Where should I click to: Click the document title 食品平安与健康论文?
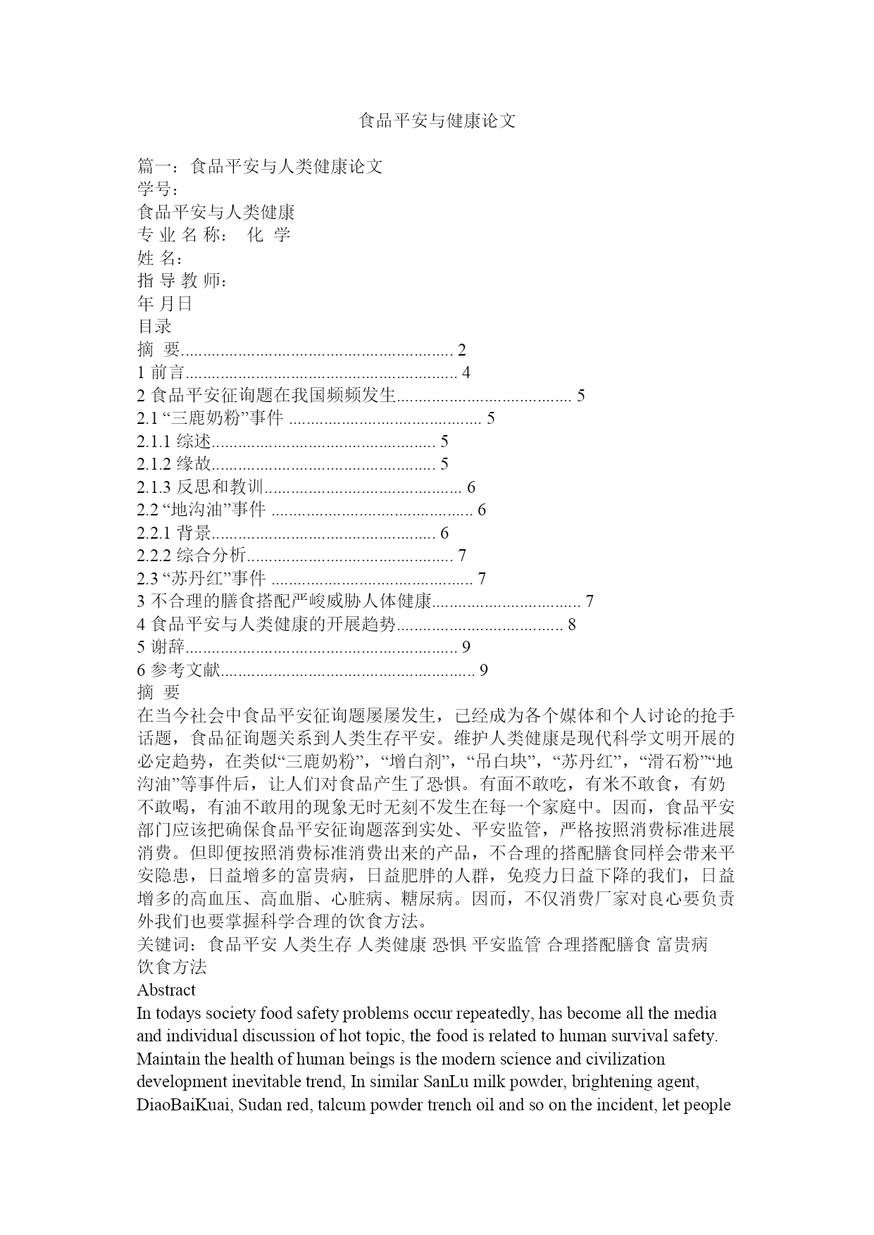tap(437, 121)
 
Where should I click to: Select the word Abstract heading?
tap(166, 990)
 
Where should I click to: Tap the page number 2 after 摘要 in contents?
tap(462, 350)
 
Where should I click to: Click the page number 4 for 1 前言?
tap(466, 372)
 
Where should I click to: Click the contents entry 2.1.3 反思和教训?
tap(200, 487)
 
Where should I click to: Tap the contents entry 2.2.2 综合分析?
tap(192, 556)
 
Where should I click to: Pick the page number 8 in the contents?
tap(572, 625)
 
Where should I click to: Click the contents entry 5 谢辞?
tap(161, 647)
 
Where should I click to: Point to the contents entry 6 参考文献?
tap(179, 670)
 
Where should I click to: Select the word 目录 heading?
tap(154, 327)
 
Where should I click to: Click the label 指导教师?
tap(182, 281)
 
